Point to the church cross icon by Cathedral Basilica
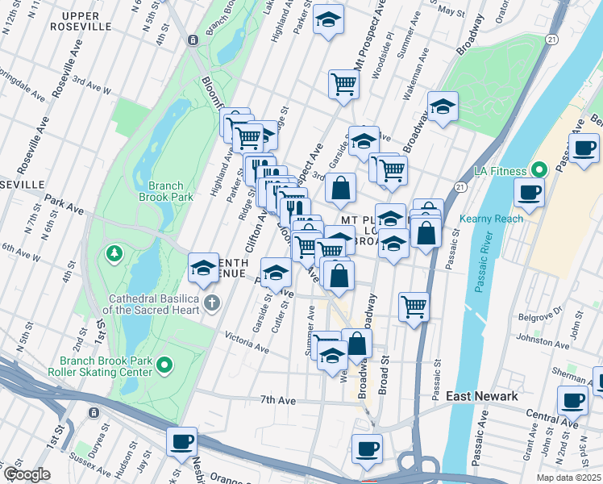click(211, 304)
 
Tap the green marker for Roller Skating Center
click(165, 366)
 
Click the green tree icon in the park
click(114, 255)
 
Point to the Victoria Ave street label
click(246, 342)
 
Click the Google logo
click(27, 474)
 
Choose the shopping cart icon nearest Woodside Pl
click(343, 83)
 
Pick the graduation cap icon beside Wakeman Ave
click(443, 106)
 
